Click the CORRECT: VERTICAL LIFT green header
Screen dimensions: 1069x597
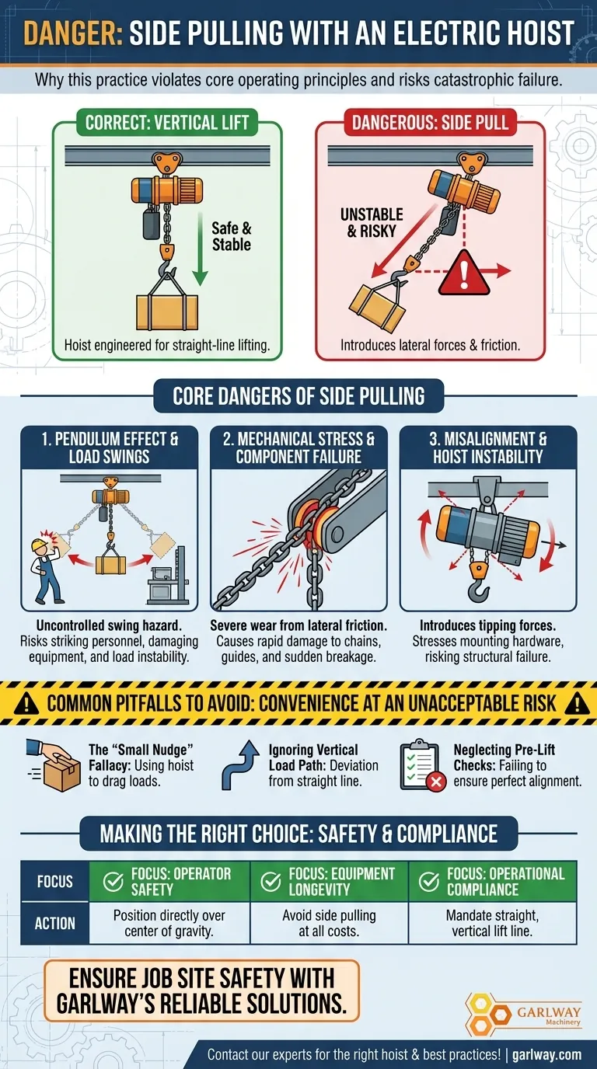tap(167, 123)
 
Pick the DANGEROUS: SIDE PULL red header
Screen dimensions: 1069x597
tap(430, 123)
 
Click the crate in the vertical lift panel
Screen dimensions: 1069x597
tap(166, 313)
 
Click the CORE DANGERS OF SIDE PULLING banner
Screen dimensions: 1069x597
tap(298, 395)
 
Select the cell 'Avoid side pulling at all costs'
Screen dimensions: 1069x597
tap(330, 923)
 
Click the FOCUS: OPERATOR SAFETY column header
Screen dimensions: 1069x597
tap(170, 881)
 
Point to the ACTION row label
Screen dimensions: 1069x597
tap(54, 924)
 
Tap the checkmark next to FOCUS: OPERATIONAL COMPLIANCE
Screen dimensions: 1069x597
tap(428, 881)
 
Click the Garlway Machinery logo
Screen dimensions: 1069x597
tap(523, 1010)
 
